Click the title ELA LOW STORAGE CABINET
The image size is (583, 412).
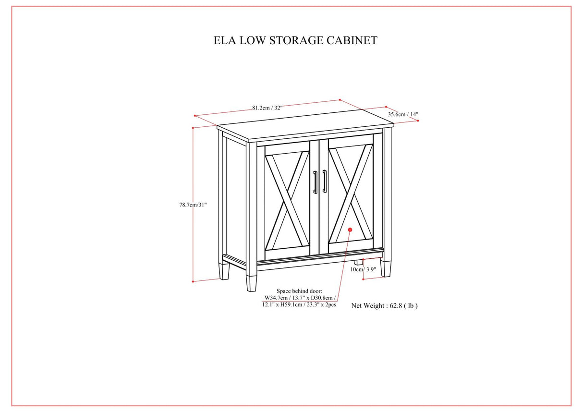pyautogui.click(x=295, y=40)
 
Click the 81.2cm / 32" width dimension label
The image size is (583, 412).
pyautogui.click(x=267, y=108)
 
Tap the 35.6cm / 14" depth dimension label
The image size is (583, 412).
pyautogui.click(x=403, y=114)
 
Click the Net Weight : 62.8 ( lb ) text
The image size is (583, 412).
pyautogui.click(x=384, y=305)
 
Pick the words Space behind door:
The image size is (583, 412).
pyautogui.click(x=299, y=291)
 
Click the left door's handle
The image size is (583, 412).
pyautogui.click(x=315, y=182)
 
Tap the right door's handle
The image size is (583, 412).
pyautogui.click(x=325, y=182)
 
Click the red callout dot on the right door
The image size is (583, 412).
pyautogui.click(x=350, y=230)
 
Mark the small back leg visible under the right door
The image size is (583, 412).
pyautogui.click(x=358, y=262)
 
